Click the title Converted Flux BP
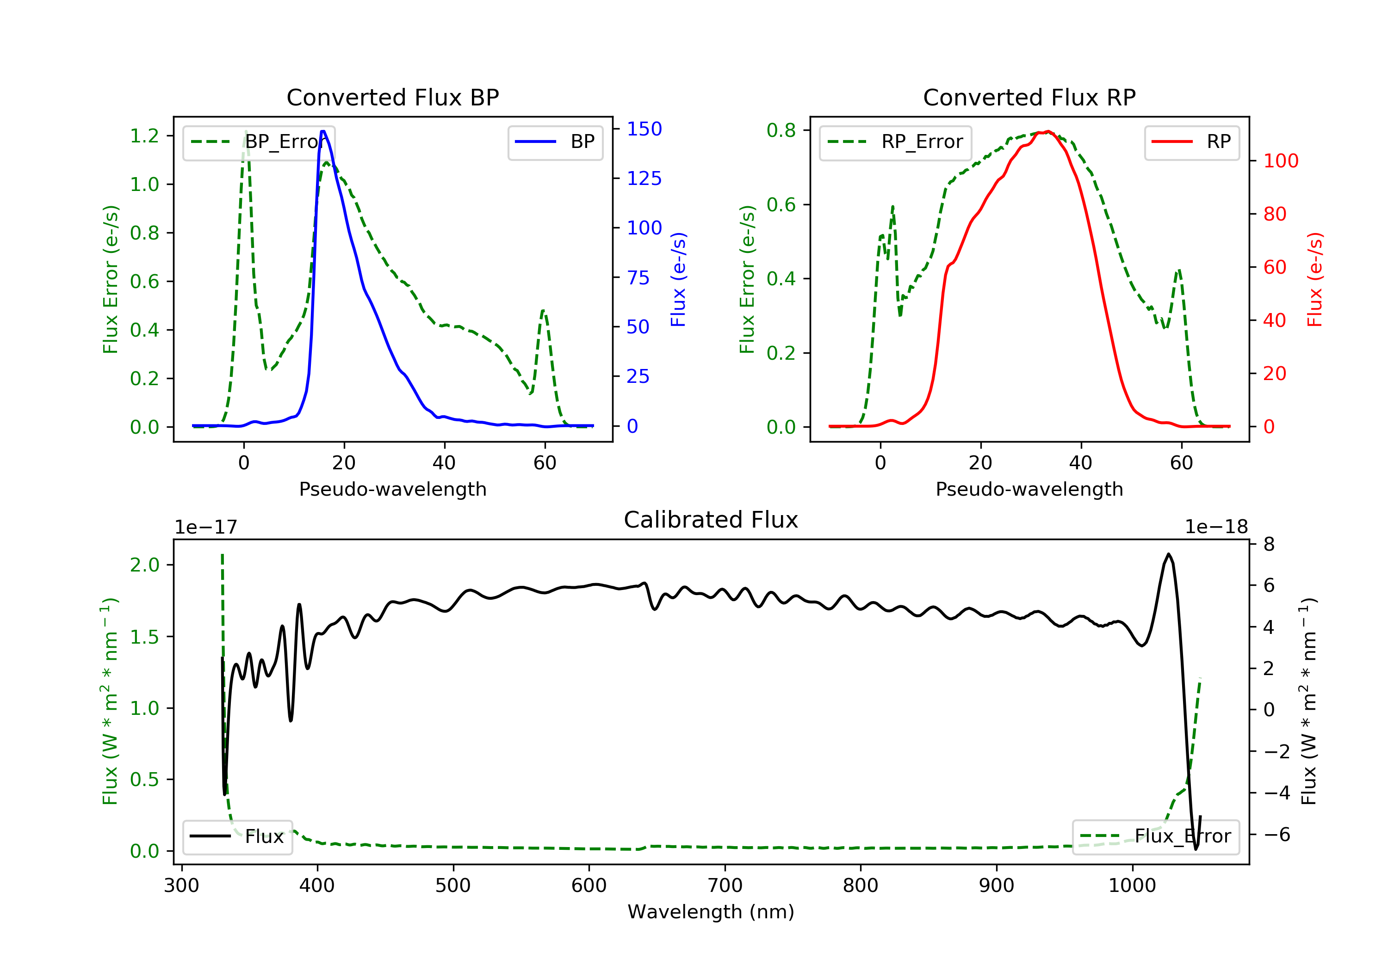392,97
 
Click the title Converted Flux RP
1029,97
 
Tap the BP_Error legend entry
259,142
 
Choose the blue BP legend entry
555,142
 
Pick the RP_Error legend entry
895,142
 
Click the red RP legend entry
1191,142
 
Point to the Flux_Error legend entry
1155,836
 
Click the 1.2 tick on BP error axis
144,135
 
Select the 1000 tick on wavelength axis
1132,886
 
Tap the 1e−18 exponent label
1216,527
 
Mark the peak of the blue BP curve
323,131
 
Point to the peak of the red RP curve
1047,131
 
